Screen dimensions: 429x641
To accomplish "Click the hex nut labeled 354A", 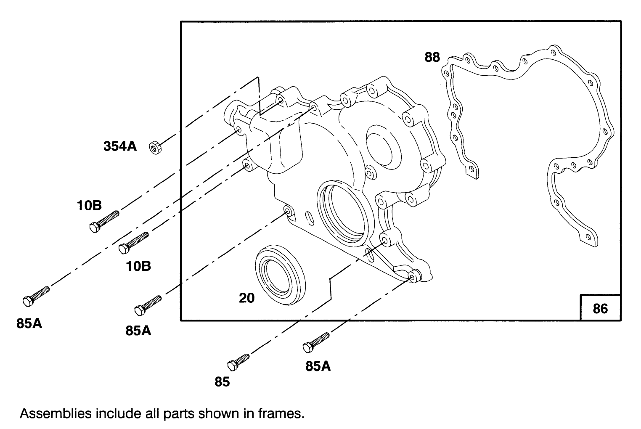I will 154,148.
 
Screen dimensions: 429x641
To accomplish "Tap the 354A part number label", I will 120,146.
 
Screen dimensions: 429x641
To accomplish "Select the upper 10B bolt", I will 104,221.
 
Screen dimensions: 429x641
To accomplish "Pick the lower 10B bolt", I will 134,243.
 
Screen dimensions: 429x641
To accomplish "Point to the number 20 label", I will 247,298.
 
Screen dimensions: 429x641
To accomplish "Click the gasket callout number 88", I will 432,57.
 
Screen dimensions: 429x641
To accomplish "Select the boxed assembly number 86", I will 600,308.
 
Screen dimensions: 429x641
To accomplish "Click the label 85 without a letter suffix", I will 222,381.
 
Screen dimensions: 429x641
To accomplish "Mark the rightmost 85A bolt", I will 315,342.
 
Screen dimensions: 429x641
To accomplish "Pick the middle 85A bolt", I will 148,305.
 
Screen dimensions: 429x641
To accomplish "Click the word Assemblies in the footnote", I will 55,413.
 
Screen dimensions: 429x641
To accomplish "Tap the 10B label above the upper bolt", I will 89,206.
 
